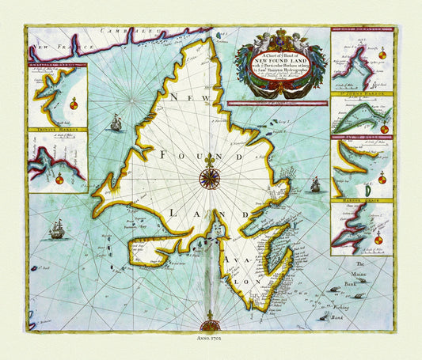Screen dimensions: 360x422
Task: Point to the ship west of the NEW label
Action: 116,122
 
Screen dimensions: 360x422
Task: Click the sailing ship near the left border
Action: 57,229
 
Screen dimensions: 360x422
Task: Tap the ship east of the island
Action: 314,184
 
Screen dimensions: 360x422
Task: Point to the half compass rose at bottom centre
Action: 211,324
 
